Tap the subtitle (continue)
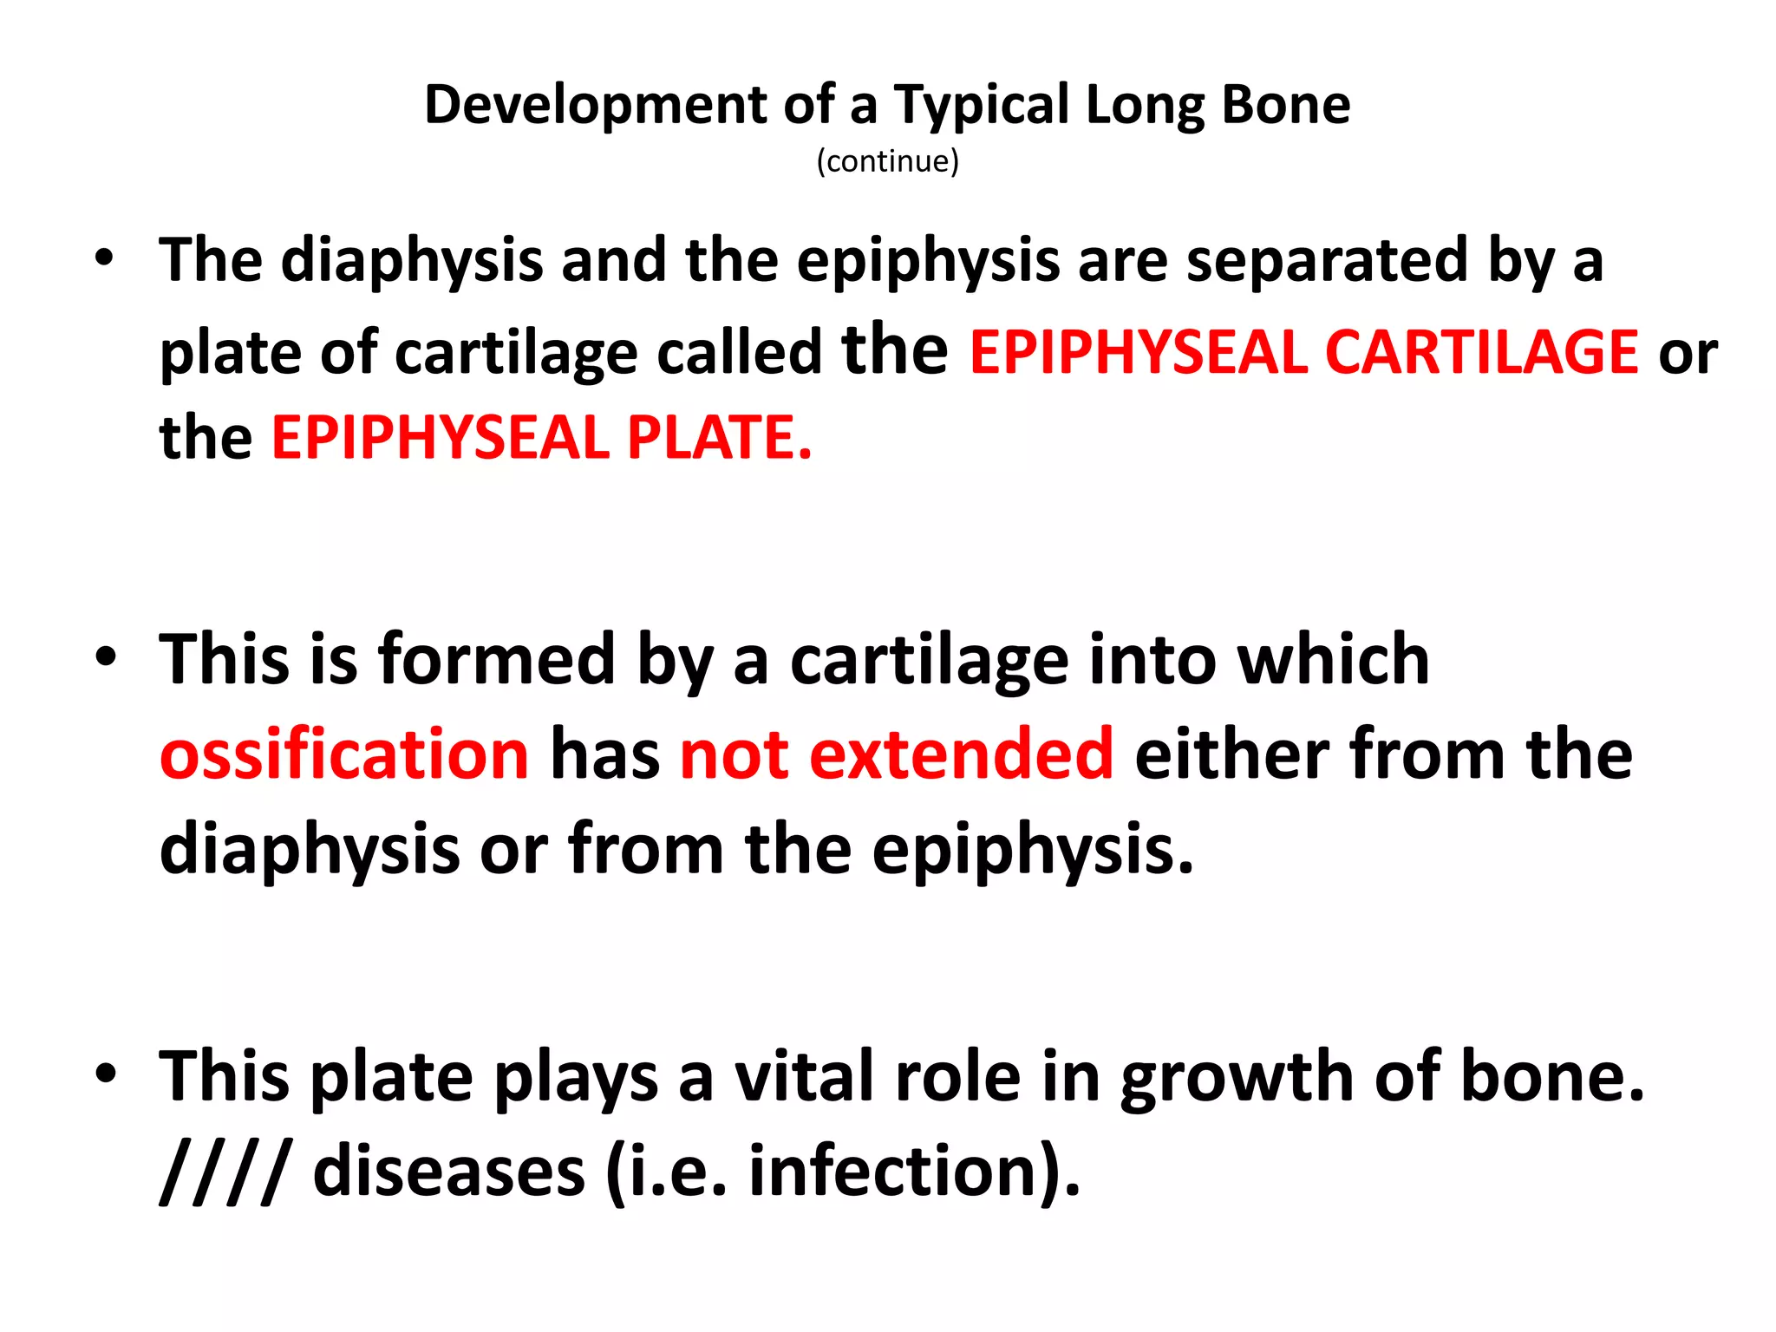[x=887, y=161]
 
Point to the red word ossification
[x=344, y=754]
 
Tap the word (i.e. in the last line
[x=667, y=1172]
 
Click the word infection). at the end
[x=914, y=1172]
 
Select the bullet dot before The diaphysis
[x=105, y=258]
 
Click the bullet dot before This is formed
[x=105, y=657]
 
